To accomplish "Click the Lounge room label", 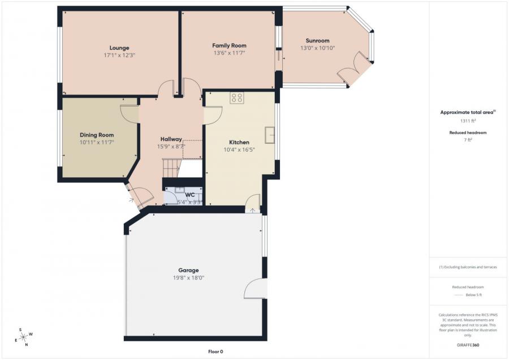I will tap(119, 48).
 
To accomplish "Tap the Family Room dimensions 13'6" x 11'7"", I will tap(229, 53).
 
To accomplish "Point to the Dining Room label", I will tap(97, 135).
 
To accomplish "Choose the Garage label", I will tap(188, 270).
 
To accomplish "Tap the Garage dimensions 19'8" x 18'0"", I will tap(188, 278).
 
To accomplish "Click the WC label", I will tap(189, 195).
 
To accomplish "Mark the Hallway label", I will tap(171, 139).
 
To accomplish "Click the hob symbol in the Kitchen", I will tap(237, 98).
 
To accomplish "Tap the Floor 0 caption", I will tap(215, 352).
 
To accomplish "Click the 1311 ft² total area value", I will tap(467, 121).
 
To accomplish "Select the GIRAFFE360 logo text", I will tap(467, 344).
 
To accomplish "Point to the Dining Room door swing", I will tap(129, 113).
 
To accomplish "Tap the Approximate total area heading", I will tap(467, 112).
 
